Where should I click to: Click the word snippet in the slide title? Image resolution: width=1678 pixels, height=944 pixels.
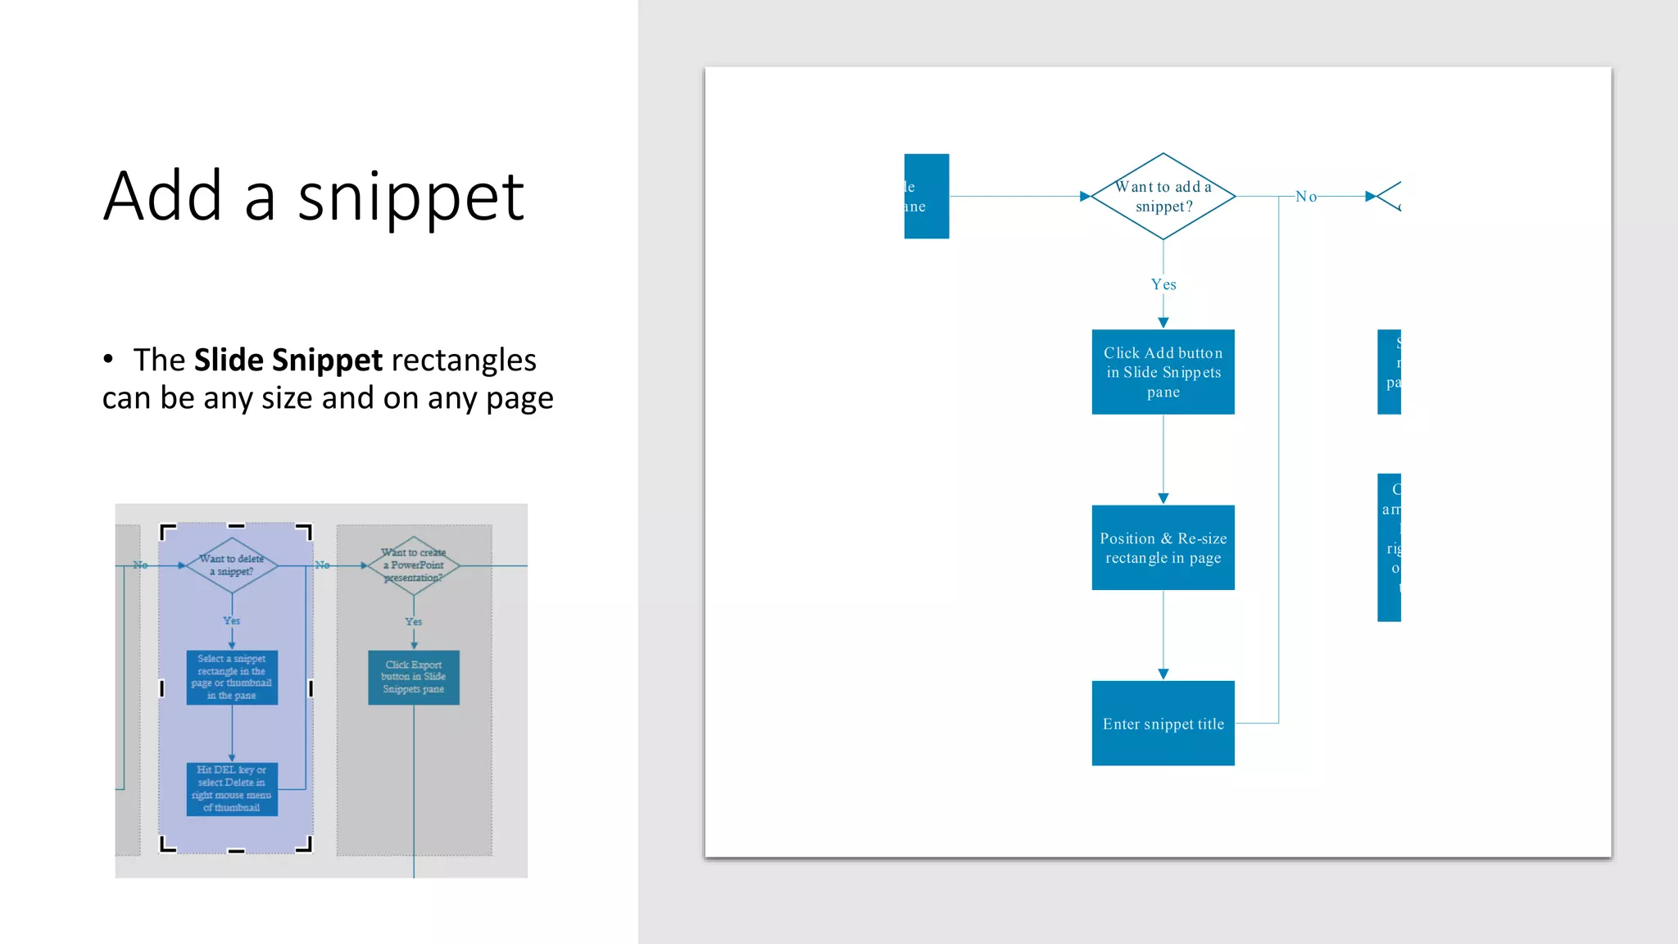pyautogui.click(x=410, y=198)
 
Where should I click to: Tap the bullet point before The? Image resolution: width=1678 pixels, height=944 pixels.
pyautogui.click(x=108, y=359)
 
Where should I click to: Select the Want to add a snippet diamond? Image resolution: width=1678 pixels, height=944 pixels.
pyautogui.click(x=1163, y=197)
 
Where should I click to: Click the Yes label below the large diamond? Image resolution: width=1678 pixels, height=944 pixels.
pyautogui.click(x=1163, y=284)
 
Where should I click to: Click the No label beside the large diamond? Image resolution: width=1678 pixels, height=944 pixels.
pyautogui.click(x=1306, y=197)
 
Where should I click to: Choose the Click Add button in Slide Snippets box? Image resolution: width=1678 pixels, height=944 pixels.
pyautogui.click(x=1163, y=372)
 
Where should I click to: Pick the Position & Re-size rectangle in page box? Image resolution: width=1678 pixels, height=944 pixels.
pyautogui.click(x=1163, y=547)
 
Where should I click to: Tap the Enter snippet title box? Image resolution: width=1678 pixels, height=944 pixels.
pyautogui.click(x=1163, y=724)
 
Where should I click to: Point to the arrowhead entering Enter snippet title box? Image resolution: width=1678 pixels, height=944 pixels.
pyautogui.click(x=1163, y=674)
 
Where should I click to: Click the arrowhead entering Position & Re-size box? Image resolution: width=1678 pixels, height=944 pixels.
pyautogui.click(x=1163, y=498)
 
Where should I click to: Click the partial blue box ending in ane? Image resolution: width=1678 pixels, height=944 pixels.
pyautogui.click(x=926, y=197)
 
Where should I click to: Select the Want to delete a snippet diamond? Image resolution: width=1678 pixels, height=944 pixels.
pyautogui.click(x=232, y=565)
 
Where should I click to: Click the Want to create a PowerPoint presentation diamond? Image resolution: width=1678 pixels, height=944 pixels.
pyautogui.click(x=414, y=565)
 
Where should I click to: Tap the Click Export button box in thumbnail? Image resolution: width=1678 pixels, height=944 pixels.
pyautogui.click(x=414, y=677)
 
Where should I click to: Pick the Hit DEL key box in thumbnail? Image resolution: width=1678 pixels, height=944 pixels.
pyautogui.click(x=232, y=788)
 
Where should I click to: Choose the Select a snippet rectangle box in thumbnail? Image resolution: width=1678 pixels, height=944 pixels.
pyautogui.click(x=232, y=677)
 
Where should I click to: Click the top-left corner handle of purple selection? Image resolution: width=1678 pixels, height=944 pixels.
pyautogui.click(x=166, y=531)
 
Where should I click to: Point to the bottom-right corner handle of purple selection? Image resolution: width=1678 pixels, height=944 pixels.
pyautogui.click(x=306, y=846)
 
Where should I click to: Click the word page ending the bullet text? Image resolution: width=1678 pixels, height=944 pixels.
pyautogui.click(x=519, y=399)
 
